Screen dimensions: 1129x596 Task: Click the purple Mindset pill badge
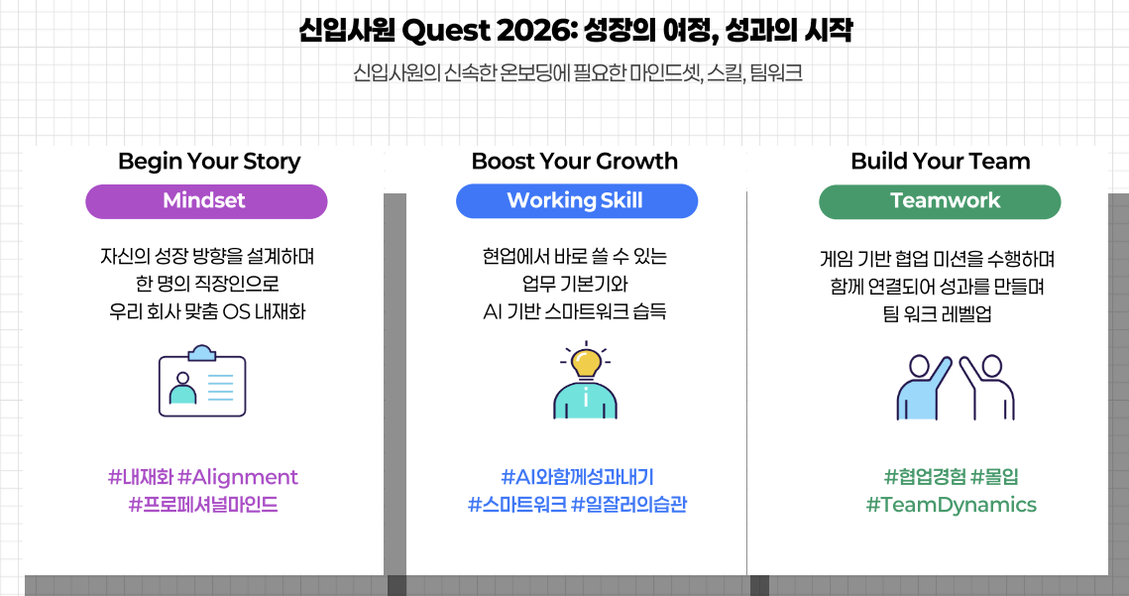coord(206,201)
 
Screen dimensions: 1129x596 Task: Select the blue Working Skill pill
coord(576,201)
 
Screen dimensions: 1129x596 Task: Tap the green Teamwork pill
coord(940,201)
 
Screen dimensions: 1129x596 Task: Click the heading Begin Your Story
coord(209,162)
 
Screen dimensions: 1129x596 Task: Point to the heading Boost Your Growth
coord(575,161)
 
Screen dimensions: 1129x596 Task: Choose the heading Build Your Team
coord(941,161)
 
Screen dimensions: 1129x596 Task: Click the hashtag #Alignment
coord(238,477)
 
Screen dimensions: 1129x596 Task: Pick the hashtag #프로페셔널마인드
coord(203,505)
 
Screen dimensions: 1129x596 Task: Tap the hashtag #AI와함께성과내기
coord(578,477)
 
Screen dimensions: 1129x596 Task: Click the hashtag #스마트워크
coord(517,505)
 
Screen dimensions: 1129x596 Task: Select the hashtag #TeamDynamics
coord(952,505)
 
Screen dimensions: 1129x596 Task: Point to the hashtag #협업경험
coord(925,477)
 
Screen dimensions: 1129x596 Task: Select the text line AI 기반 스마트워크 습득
coord(575,311)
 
